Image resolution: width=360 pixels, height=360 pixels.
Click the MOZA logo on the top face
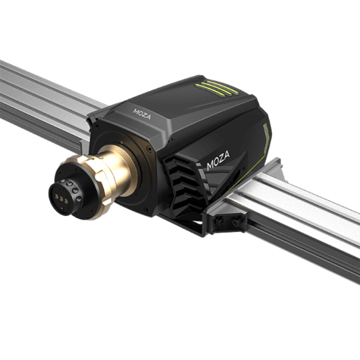[x=142, y=114]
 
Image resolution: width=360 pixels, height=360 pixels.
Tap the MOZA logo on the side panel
[x=218, y=160]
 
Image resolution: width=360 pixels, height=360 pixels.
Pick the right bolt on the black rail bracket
[x=235, y=222]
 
